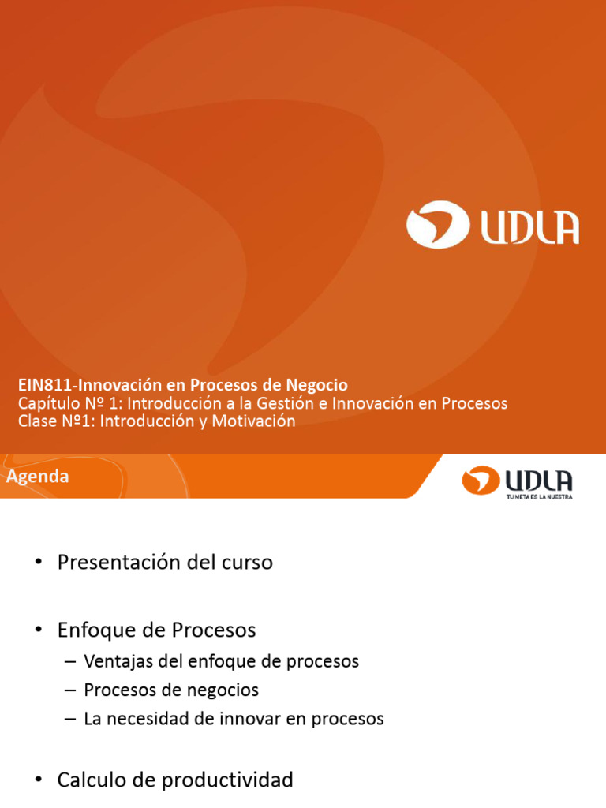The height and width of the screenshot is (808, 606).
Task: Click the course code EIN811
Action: pos(39,385)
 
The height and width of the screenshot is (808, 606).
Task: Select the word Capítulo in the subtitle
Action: pos(46,403)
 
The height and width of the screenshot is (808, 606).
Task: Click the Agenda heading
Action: pos(38,477)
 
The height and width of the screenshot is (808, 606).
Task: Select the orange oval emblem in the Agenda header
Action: pos(481,479)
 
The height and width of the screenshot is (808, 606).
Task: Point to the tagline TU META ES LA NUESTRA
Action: pos(539,497)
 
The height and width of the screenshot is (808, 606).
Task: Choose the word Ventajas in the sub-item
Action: pos(114,661)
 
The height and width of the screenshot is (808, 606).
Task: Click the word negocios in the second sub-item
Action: pos(226,690)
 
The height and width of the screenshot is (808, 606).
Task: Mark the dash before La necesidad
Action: pos(69,719)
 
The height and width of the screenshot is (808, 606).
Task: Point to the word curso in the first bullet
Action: pos(247,563)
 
